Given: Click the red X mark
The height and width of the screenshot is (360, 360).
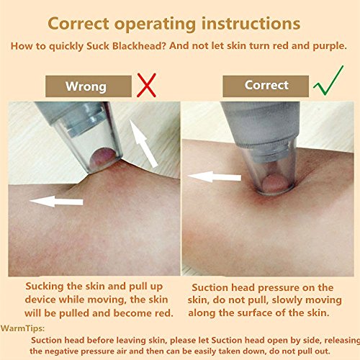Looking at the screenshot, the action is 146,86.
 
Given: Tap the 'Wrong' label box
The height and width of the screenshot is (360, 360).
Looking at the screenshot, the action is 89,86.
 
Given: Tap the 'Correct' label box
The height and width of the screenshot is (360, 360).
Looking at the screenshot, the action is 266,86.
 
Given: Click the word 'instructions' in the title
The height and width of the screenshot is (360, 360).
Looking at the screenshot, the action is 251,24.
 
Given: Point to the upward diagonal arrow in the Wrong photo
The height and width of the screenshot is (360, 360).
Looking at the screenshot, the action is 143,143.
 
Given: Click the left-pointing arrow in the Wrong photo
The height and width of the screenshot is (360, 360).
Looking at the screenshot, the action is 56,202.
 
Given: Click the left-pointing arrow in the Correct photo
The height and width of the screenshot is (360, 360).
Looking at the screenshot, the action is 215,177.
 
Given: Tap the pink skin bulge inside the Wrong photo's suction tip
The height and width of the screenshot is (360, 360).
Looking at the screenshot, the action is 103,158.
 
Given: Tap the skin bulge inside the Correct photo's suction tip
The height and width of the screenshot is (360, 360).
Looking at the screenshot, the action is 275,184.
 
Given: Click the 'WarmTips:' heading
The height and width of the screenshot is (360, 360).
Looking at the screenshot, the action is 22,328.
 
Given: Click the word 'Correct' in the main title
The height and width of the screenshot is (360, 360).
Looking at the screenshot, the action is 78,24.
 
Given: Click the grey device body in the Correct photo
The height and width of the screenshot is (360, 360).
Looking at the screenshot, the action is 261,122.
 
